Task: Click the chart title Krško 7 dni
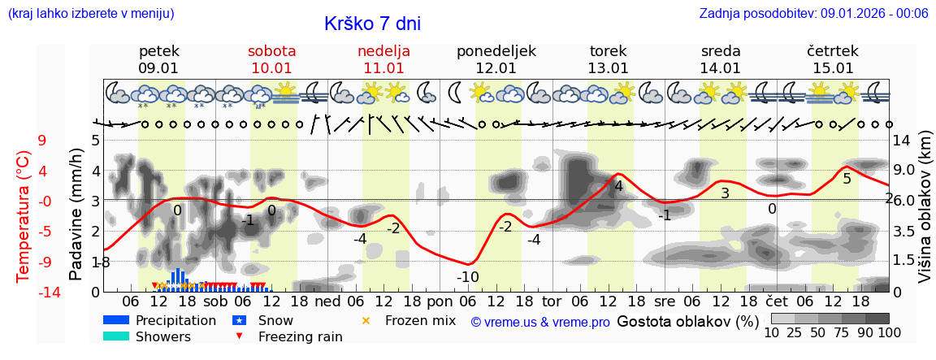point(372,24)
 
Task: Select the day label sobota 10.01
point(271,59)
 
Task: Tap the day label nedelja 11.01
point(383,59)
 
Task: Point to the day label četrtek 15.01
point(832,59)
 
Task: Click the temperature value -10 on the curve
point(467,277)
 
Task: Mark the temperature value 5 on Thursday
point(847,178)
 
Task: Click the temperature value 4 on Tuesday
point(618,186)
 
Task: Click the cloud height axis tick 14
point(903,141)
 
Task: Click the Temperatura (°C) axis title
point(24,215)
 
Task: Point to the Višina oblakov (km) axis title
point(925,215)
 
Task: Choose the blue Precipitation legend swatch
point(115,320)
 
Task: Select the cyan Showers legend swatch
point(115,336)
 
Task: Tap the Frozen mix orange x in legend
point(365,320)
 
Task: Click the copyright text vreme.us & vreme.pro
point(540,323)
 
